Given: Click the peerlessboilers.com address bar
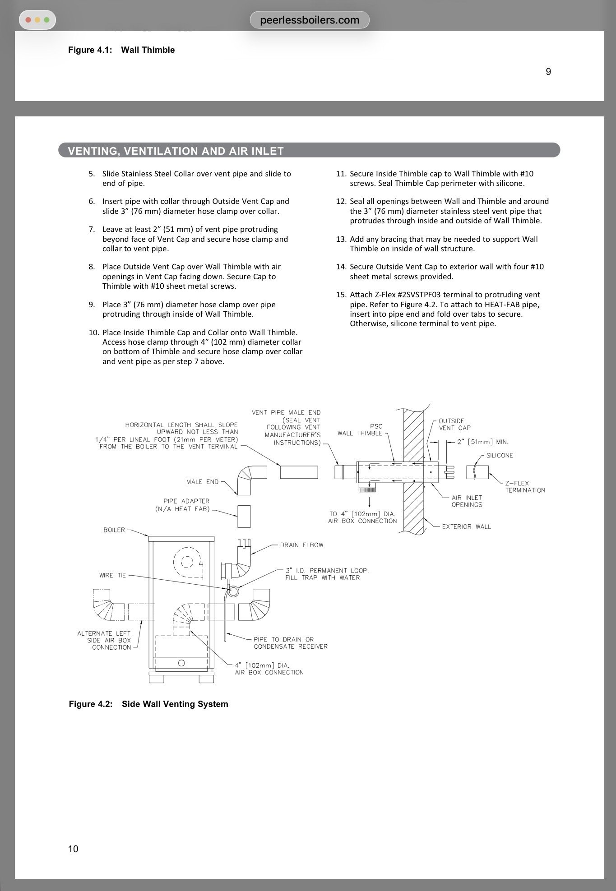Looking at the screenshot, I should [310, 20].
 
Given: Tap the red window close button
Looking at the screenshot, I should [28, 20].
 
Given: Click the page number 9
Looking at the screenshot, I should [548, 72].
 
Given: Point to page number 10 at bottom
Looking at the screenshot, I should [73, 849].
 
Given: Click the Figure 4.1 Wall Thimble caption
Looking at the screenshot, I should [121, 50].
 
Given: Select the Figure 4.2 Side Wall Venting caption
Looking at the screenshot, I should [148, 704].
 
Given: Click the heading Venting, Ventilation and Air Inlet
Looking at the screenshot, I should [176, 151].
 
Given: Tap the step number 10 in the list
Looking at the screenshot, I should [93, 332].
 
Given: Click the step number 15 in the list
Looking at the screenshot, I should [341, 295].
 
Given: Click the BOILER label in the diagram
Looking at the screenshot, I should [114, 530].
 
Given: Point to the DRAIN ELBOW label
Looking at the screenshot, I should [301, 545].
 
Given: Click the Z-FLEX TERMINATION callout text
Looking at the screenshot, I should [525, 486].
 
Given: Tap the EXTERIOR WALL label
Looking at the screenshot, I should [466, 526].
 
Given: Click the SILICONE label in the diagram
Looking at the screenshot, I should [500, 455].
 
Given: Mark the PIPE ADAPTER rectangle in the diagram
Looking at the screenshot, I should [244, 516].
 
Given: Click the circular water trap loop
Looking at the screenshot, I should [233, 591].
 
